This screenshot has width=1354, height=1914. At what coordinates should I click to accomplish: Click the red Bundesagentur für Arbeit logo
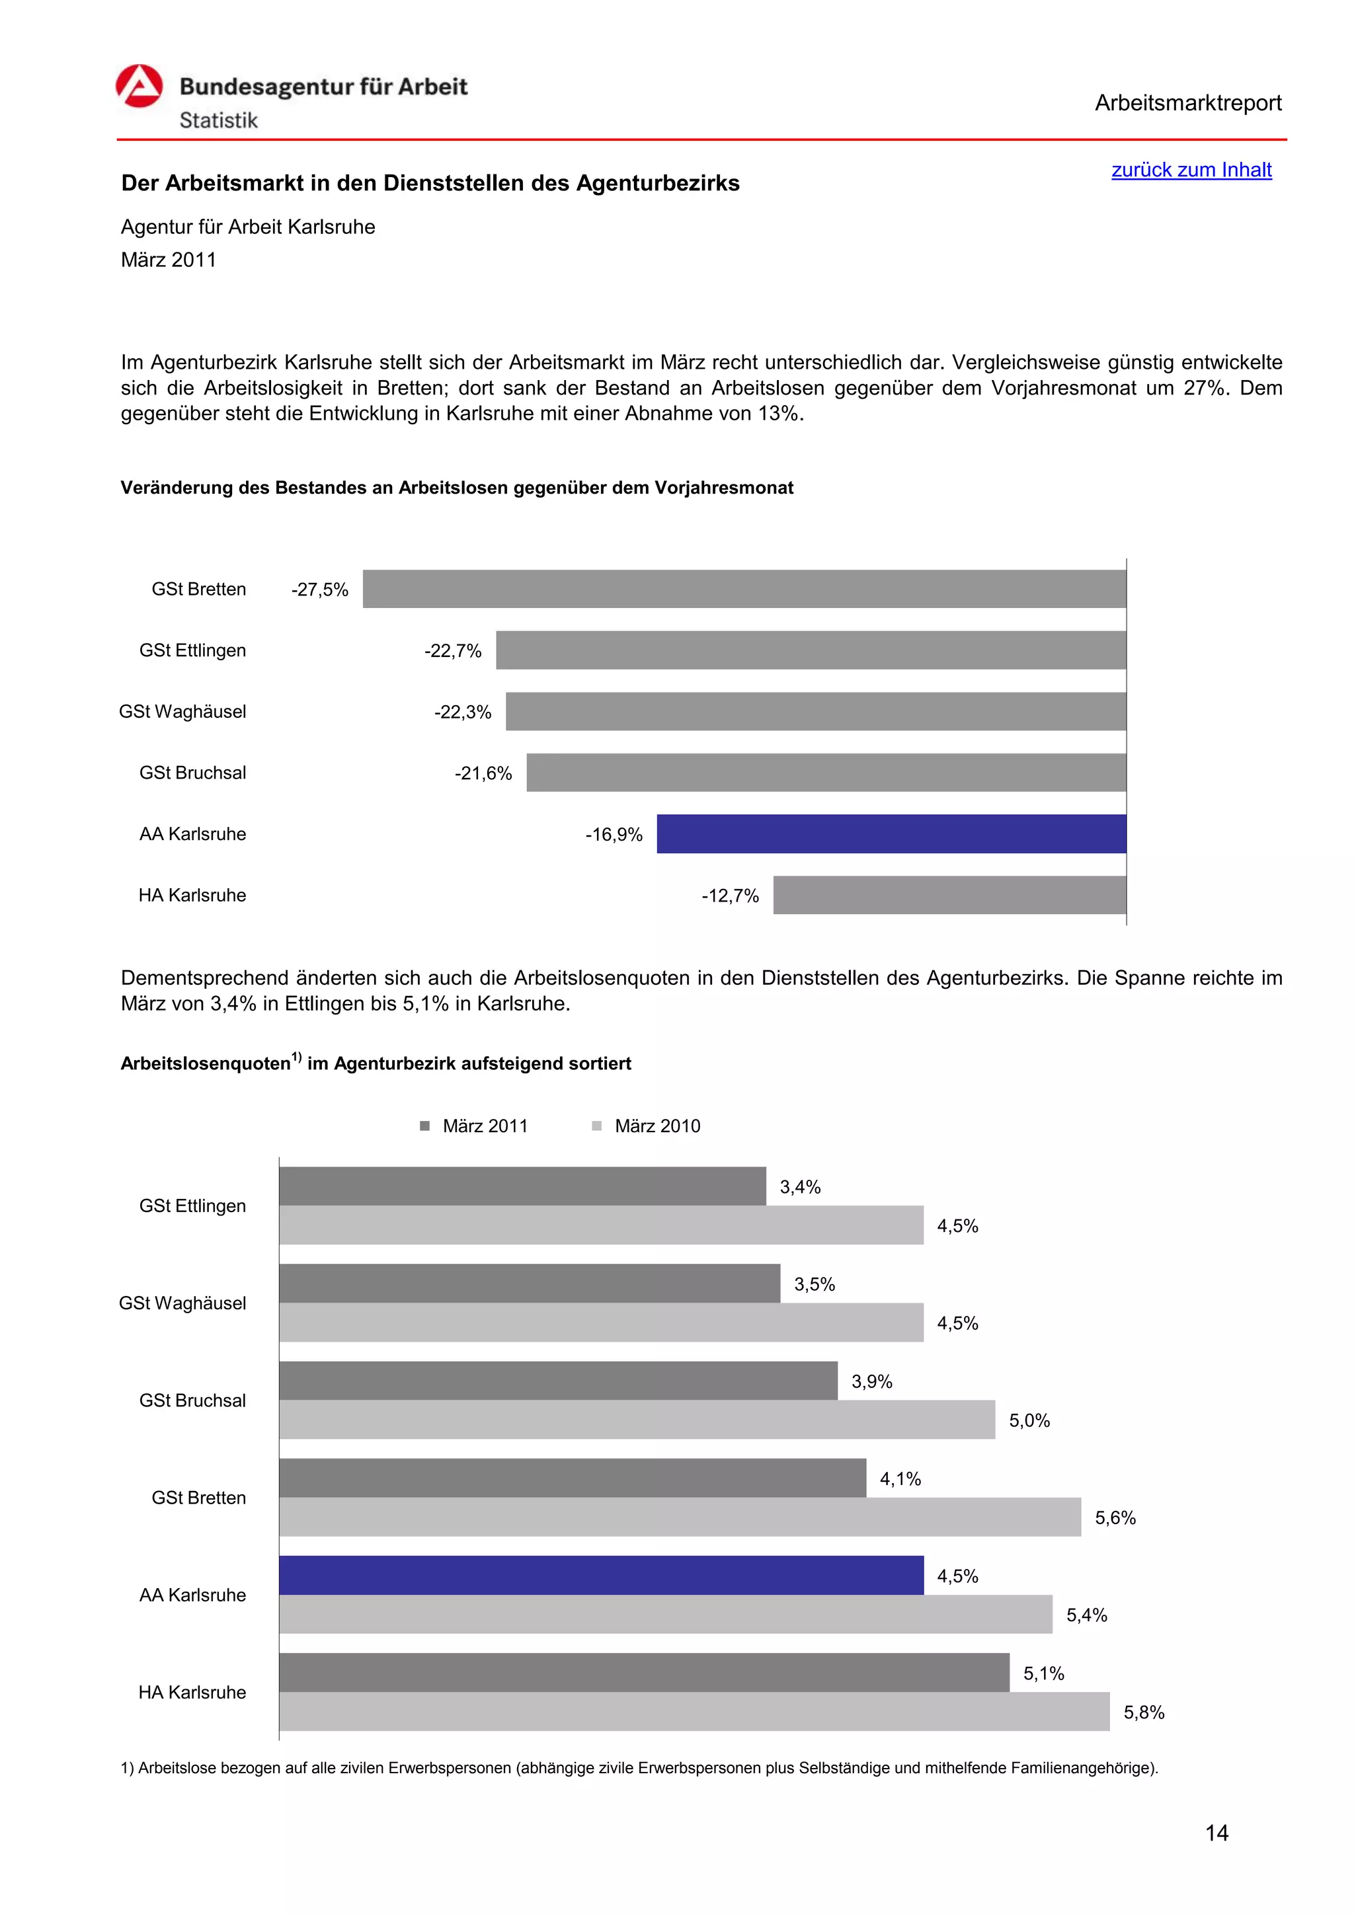pyautogui.click(x=139, y=87)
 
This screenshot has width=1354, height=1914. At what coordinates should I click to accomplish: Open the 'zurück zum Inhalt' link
pyautogui.click(x=1191, y=170)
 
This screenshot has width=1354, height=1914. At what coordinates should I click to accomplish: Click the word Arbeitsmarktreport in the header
pyautogui.click(x=1187, y=103)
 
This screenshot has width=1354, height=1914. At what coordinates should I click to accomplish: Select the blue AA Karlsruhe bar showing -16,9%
pyautogui.click(x=891, y=833)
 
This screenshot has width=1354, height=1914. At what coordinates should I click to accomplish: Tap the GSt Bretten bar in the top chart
pyautogui.click(x=744, y=590)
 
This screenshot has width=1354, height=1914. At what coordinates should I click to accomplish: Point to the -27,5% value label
pyautogui.click(x=319, y=590)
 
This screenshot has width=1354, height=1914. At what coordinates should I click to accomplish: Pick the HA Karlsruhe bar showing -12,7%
pyautogui.click(x=949, y=896)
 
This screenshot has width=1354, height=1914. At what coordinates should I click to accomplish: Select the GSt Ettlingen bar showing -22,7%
pyautogui.click(x=811, y=650)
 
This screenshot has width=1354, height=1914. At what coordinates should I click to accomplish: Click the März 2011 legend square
pyautogui.click(x=425, y=1126)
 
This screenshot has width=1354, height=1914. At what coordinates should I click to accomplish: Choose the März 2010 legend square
pyautogui.click(x=597, y=1126)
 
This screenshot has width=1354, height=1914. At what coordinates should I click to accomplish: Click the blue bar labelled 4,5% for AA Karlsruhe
pyautogui.click(x=600, y=1576)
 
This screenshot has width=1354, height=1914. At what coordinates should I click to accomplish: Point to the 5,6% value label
pyautogui.click(x=1115, y=1518)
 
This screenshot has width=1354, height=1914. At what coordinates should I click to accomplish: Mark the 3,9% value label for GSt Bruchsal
pyautogui.click(x=871, y=1382)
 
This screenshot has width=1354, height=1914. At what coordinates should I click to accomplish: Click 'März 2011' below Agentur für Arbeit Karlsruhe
pyautogui.click(x=169, y=260)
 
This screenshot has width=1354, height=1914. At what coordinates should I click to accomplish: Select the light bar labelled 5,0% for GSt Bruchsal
pyautogui.click(x=637, y=1420)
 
